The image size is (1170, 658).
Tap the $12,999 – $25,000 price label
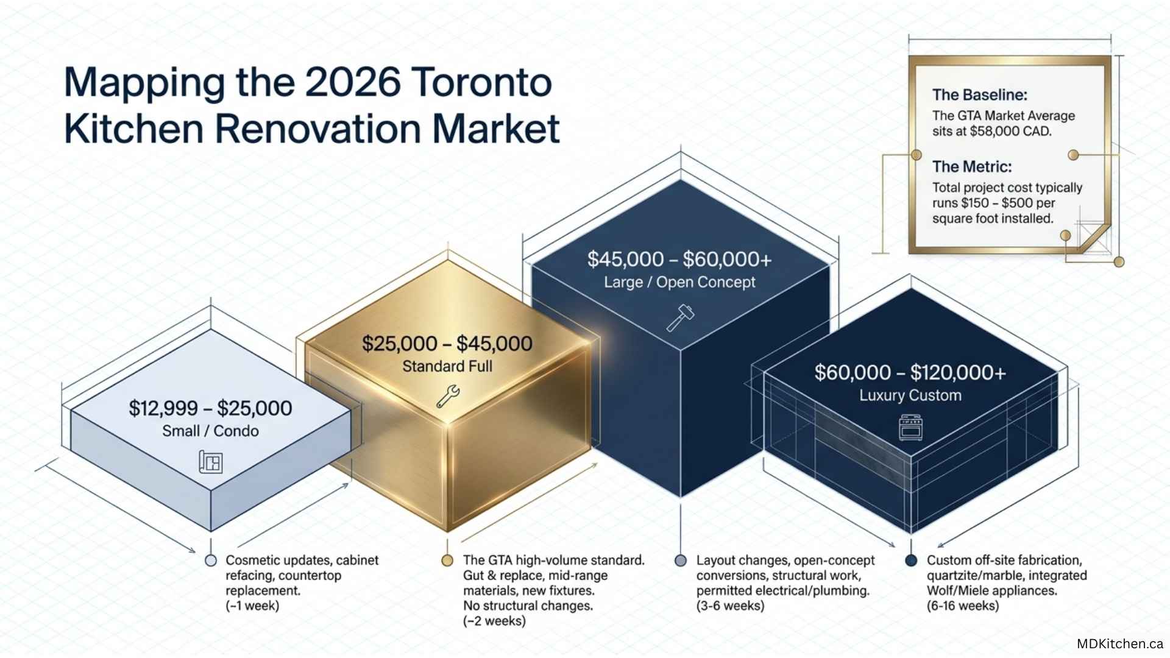pos(210,408)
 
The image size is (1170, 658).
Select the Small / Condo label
pos(210,431)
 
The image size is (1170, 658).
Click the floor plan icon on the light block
pos(211,462)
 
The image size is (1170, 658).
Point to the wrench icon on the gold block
pos(448,396)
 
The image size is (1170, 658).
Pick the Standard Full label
pos(447,366)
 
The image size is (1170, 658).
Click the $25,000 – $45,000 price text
pos(447,344)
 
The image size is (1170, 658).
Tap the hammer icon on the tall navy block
pos(680,317)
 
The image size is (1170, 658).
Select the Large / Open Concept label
pos(679,282)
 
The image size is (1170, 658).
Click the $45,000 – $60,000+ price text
pos(679,260)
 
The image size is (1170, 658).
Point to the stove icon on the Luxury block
pos(910,427)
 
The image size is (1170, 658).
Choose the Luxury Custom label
pos(910,395)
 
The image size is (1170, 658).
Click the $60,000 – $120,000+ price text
pos(910,373)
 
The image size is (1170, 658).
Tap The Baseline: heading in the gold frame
pos(980,95)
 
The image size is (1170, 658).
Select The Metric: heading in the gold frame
pos(972,167)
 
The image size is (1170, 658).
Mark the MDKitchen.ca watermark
pos(1120,643)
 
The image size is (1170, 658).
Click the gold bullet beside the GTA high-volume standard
pos(447,561)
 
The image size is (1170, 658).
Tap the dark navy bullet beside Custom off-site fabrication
pos(911,561)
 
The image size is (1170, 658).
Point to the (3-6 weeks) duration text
pos(730,606)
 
